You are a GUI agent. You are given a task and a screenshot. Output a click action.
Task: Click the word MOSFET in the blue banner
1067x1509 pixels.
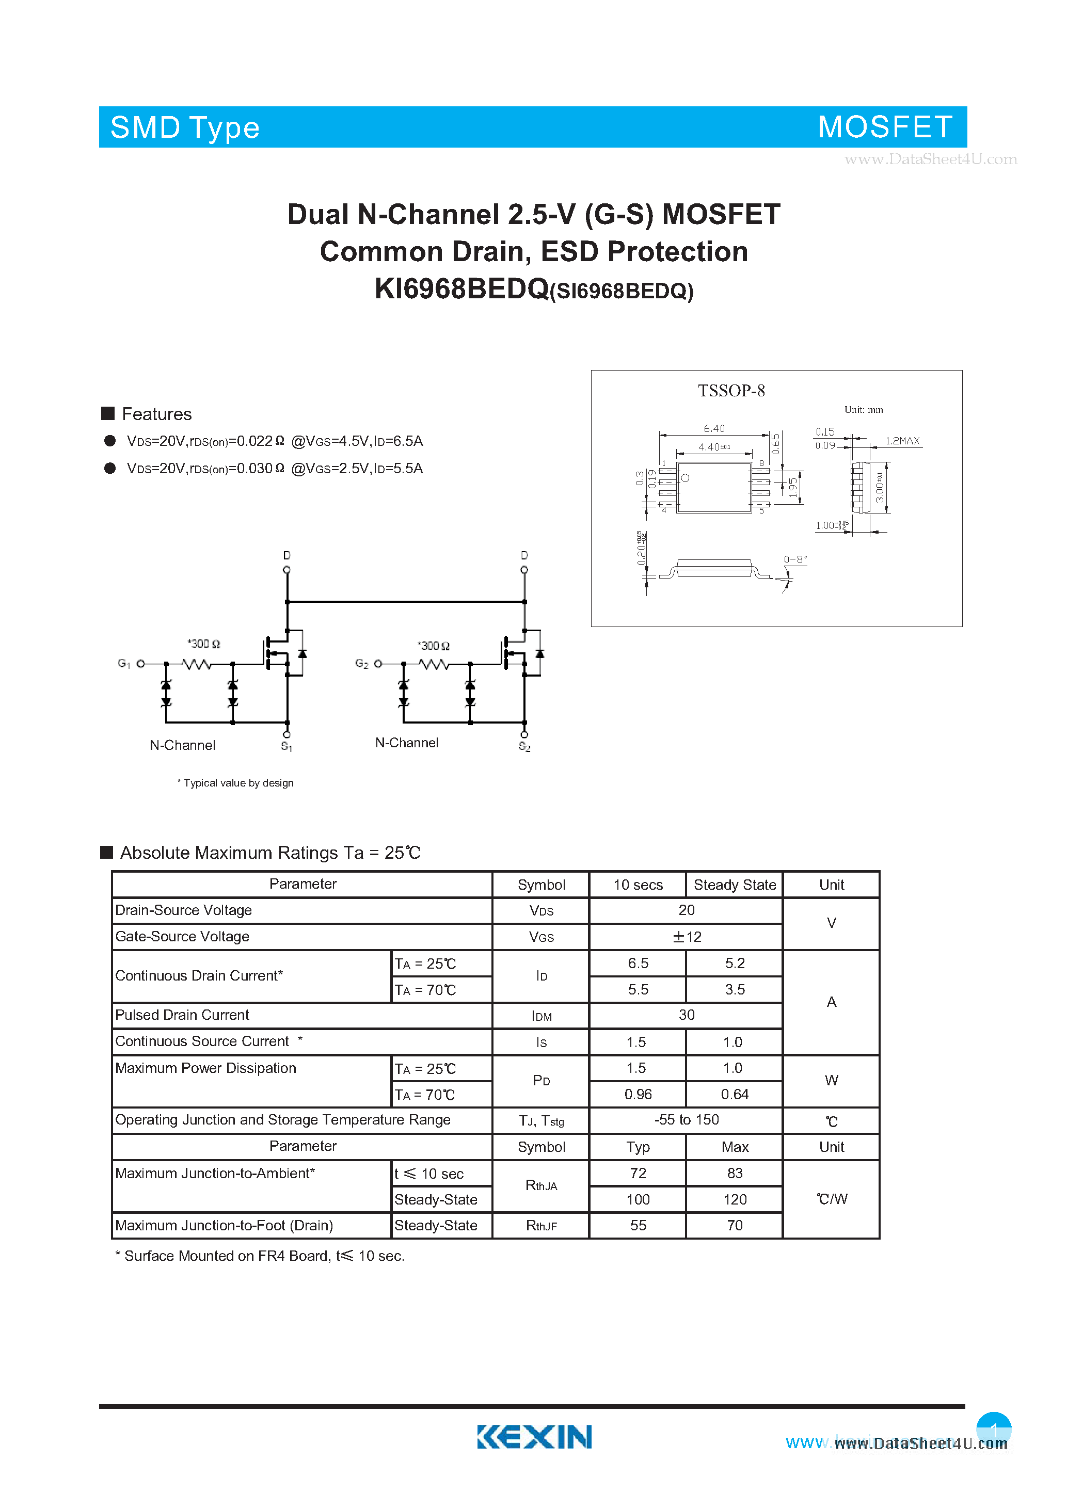tap(885, 127)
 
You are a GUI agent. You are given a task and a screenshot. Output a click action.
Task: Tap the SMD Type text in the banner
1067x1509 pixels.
tap(185, 127)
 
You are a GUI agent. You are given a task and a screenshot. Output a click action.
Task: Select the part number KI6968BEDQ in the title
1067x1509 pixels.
tap(461, 288)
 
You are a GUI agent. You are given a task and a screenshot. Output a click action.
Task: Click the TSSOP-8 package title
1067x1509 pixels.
tap(731, 391)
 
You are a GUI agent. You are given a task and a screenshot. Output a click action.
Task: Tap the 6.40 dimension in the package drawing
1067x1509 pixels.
tap(714, 428)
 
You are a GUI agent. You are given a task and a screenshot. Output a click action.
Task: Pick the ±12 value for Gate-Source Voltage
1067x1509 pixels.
tap(687, 937)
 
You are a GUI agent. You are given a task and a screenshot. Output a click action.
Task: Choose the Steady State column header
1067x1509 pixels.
tap(735, 885)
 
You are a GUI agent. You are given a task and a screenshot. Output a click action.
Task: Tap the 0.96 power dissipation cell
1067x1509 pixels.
tap(638, 1094)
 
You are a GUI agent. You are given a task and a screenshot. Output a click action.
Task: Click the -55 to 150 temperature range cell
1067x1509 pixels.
tap(687, 1120)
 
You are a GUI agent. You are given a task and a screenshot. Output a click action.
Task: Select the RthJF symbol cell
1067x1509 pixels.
tap(541, 1226)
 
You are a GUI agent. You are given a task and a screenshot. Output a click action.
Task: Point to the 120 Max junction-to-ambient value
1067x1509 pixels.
tap(735, 1199)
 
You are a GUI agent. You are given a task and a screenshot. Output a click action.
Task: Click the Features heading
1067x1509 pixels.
tap(156, 414)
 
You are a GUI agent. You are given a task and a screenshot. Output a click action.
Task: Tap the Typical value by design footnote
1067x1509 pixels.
tap(235, 783)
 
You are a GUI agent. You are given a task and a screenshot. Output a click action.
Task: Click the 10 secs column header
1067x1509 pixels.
tap(638, 885)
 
